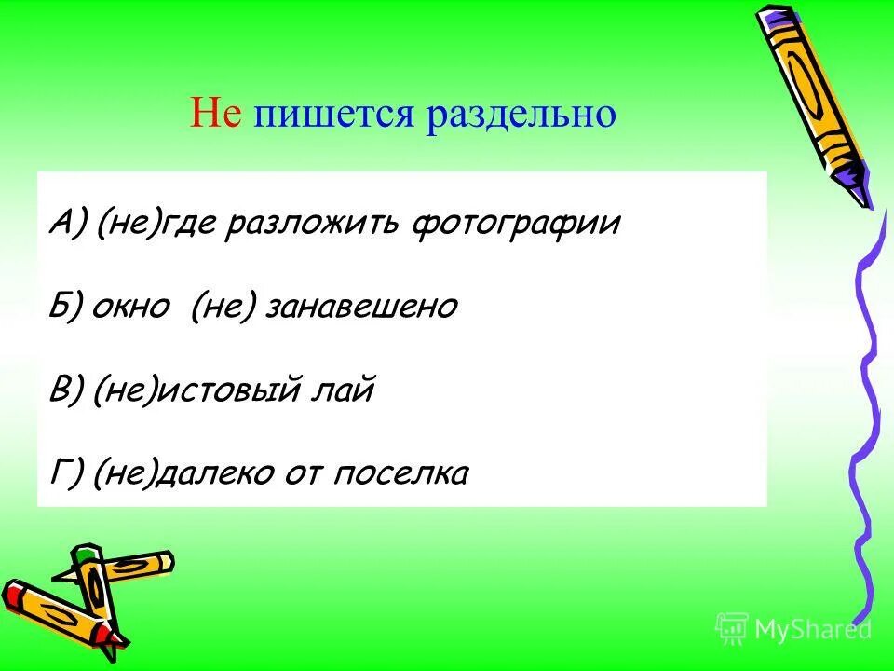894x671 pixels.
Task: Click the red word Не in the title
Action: point(216,114)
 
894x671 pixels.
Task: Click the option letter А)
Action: point(70,225)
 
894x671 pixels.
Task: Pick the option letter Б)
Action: point(70,308)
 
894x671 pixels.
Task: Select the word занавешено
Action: point(361,308)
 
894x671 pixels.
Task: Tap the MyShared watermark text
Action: point(812,629)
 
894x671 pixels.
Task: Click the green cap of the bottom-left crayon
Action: point(87,556)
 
